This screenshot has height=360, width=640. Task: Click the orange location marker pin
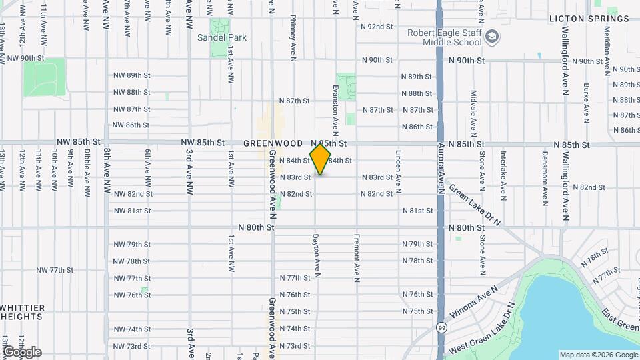tap(320, 159)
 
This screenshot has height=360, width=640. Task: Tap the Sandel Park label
tap(221, 37)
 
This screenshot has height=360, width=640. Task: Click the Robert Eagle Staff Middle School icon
tap(492, 36)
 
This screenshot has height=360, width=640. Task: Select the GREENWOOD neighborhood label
tap(273, 143)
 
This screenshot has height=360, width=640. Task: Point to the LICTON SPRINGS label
tap(589, 19)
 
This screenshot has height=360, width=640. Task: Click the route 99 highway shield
tap(441, 327)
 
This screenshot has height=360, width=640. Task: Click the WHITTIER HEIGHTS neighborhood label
tap(23, 312)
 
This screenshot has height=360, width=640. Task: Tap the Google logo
tap(22, 351)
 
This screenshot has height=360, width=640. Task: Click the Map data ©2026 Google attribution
tap(598, 355)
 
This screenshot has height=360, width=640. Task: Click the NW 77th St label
tap(54, 270)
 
